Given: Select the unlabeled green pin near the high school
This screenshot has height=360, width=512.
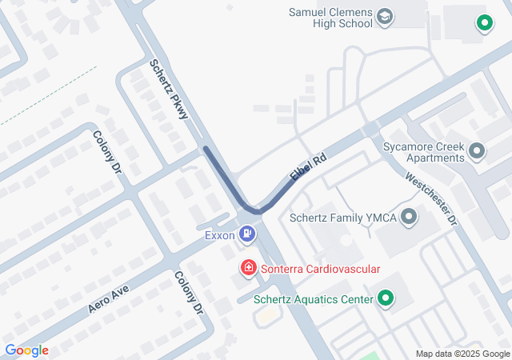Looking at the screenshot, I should point(483,23).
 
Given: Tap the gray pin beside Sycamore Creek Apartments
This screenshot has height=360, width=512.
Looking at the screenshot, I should point(478,150).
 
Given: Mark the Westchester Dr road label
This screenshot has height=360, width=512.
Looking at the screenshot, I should point(430,198).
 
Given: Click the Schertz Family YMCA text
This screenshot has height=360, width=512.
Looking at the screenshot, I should point(344,217).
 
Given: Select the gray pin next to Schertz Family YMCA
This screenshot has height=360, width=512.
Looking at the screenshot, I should point(410,216).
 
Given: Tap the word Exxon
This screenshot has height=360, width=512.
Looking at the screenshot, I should point(219,235).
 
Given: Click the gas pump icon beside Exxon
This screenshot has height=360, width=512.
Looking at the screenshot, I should point(248,234).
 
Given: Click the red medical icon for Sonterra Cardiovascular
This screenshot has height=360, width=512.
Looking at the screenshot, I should point(249,268).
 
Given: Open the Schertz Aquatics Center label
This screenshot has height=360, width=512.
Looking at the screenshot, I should point(314,300).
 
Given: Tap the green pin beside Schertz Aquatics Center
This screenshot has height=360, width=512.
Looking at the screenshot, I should point(386,299).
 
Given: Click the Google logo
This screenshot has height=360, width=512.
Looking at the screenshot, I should point(26,350).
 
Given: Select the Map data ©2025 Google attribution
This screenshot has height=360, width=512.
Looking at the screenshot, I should point(462,354).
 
